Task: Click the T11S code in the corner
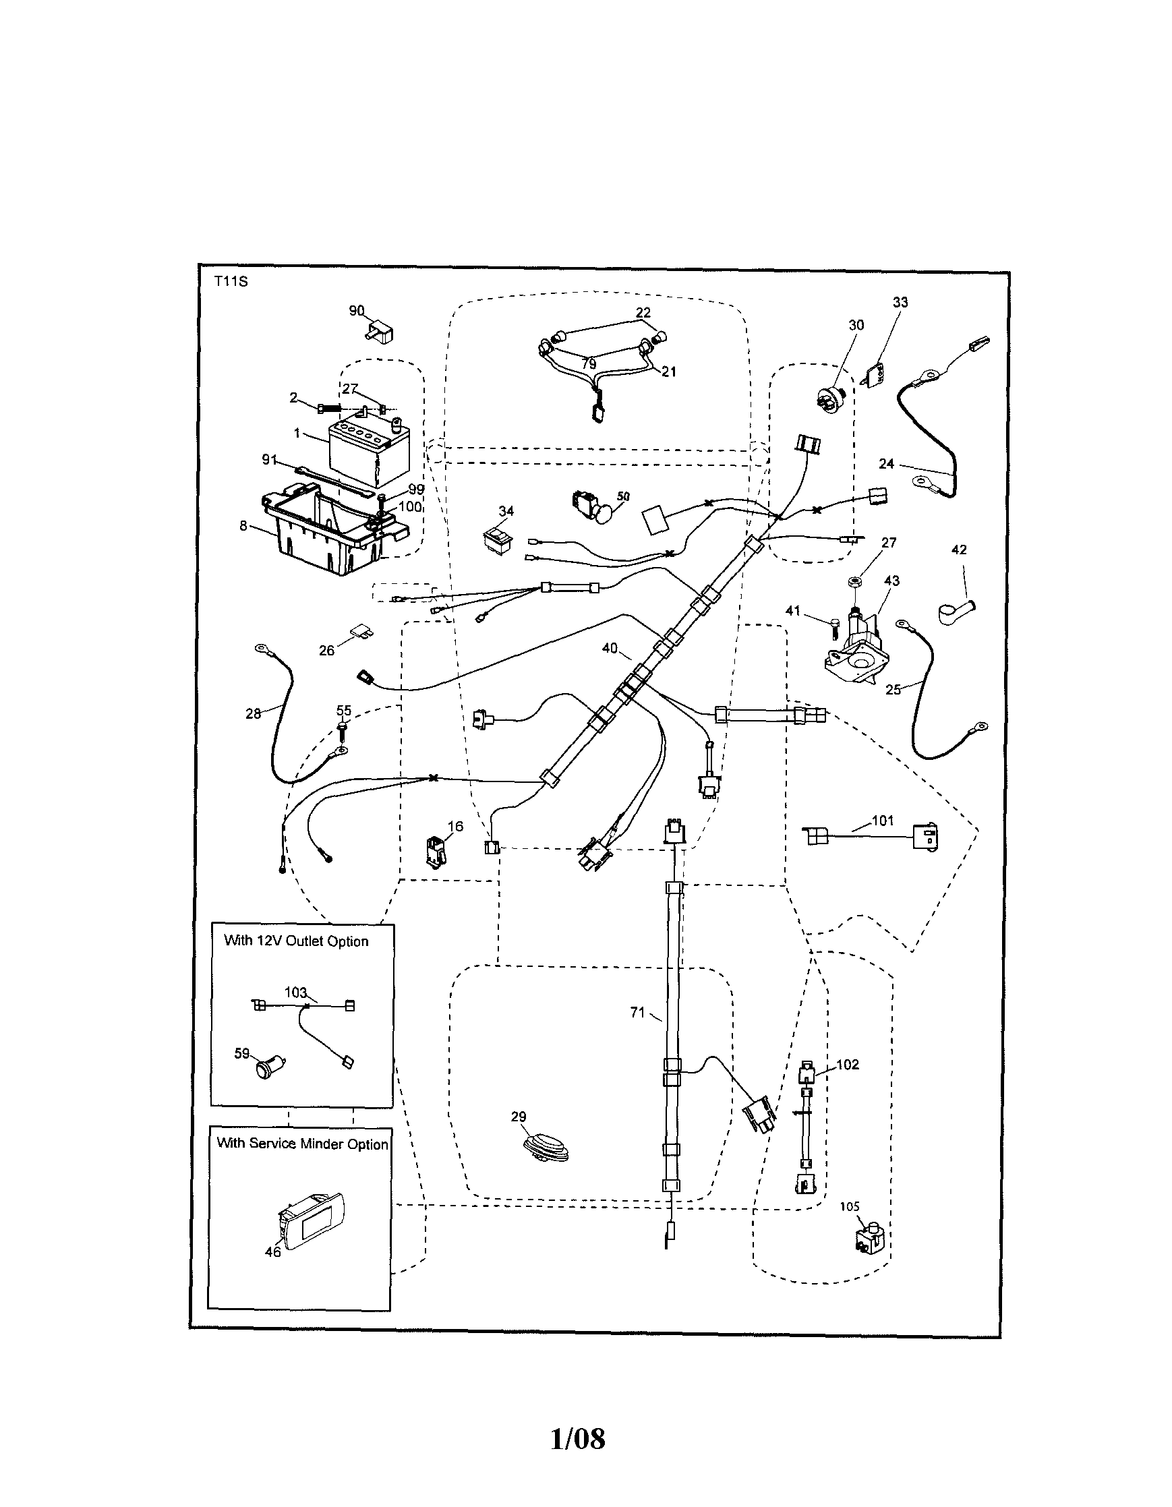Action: [x=231, y=282]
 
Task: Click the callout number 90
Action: [x=356, y=311]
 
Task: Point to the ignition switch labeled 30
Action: [x=829, y=400]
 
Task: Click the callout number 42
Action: [x=959, y=550]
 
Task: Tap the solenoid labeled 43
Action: [x=858, y=645]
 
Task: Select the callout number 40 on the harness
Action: [x=610, y=648]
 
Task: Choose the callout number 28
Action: [x=254, y=713]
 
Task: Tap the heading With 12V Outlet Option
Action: [x=296, y=941]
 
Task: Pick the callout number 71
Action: [x=637, y=1012]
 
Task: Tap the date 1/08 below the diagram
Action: [x=578, y=1439]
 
